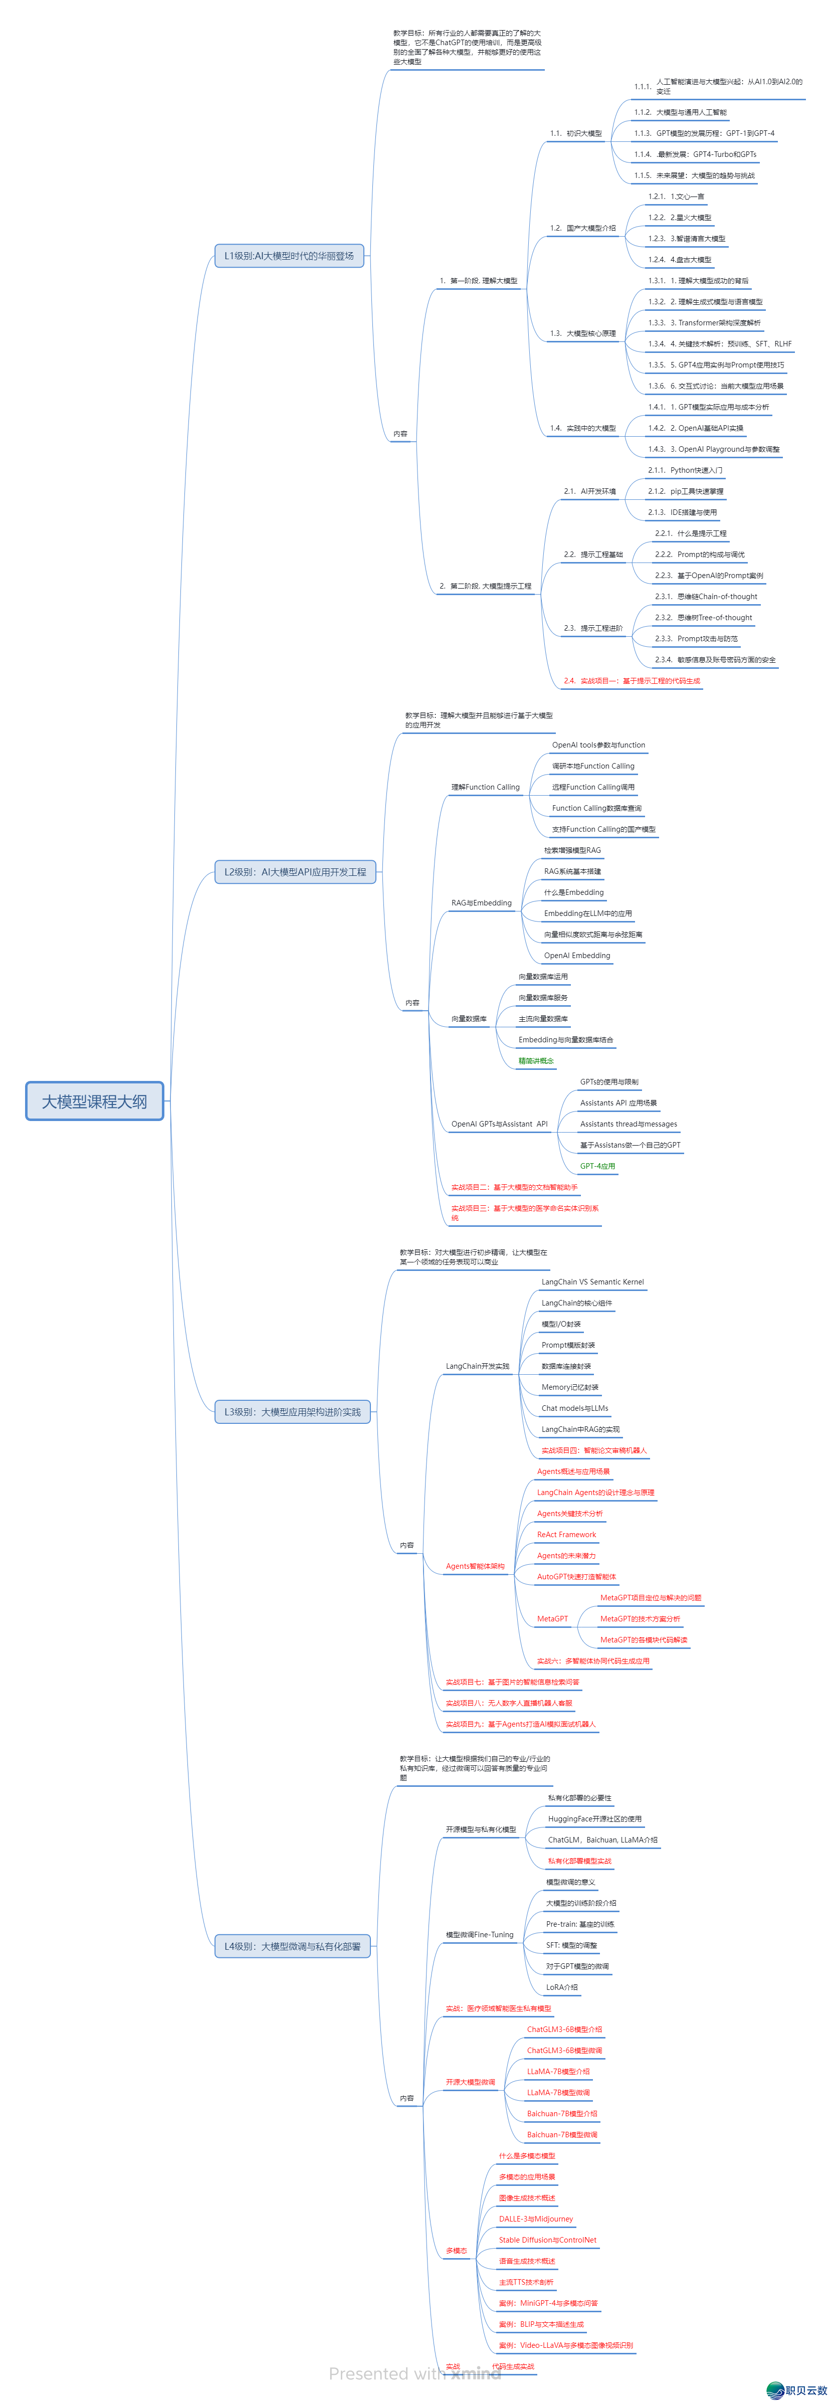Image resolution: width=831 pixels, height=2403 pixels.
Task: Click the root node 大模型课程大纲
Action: [94, 1101]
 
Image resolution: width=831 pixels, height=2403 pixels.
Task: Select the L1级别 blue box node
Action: [289, 256]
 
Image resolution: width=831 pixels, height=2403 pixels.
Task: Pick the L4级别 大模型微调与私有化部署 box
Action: [292, 1946]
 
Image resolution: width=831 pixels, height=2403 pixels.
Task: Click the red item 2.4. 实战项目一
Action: [632, 681]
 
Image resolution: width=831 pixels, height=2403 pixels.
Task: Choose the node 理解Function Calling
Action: [485, 787]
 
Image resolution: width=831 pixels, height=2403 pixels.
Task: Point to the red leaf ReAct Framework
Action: [566, 1535]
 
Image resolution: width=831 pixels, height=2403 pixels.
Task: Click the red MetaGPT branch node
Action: [552, 1618]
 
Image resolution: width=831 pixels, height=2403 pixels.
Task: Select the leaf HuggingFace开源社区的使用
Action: [594, 1819]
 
